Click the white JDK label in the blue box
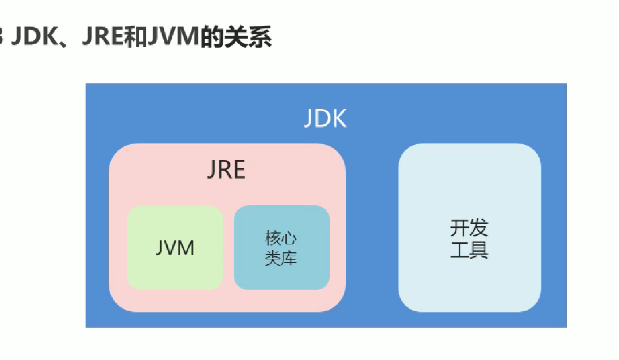click(x=325, y=119)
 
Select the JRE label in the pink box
click(x=226, y=170)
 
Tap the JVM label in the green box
click(x=175, y=248)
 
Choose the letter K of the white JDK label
click(x=339, y=119)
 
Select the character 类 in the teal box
click(x=273, y=258)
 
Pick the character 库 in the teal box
click(x=289, y=258)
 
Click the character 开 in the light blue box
click(x=460, y=228)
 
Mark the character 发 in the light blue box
click(x=479, y=228)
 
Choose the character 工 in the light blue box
click(x=460, y=249)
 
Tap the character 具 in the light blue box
click(x=479, y=249)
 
